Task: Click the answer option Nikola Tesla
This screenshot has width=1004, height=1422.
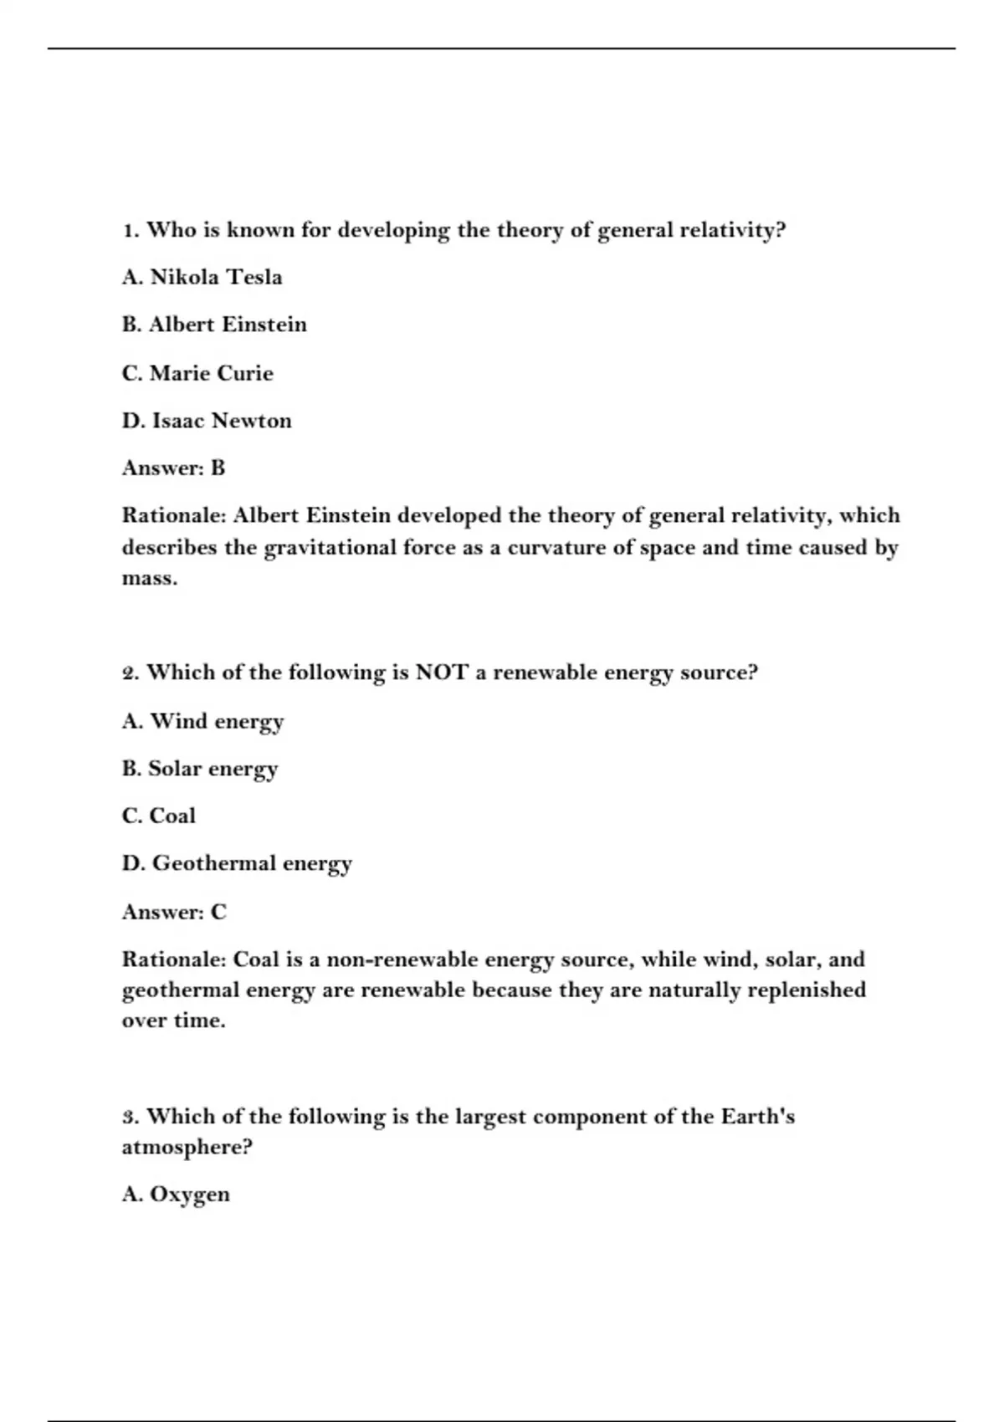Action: (x=202, y=277)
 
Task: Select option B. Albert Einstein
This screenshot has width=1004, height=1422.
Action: (x=214, y=325)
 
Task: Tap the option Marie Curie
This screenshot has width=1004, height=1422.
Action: (x=197, y=373)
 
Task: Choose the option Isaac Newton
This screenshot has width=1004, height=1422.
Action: (x=207, y=421)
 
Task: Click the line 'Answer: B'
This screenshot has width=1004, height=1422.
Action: (x=173, y=468)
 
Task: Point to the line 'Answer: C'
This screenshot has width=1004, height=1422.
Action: (x=174, y=912)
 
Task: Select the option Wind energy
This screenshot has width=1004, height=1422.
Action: (x=202, y=721)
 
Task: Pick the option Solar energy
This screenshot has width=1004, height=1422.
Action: (x=199, y=769)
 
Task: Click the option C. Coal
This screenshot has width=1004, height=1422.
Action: (x=159, y=816)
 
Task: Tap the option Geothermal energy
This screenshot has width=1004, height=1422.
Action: (x=237, y=863)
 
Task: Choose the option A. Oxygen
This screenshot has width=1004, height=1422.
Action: (x=176, y=1194)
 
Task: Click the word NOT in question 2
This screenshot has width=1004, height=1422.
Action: (x=442, y=673)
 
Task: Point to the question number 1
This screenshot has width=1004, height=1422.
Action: (x=130, y=230)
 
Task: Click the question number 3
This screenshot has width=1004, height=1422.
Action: (x=130, y=1117)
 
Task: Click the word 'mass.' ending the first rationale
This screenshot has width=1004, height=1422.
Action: (x=150, y=579)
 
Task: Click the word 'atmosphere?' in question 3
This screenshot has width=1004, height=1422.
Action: (x=187, y=1147)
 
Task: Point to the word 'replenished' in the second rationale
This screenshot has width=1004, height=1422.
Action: (x=807, y=990)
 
